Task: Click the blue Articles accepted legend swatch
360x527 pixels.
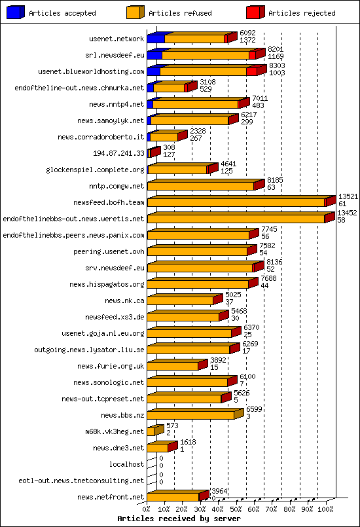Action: (x=15, y=12)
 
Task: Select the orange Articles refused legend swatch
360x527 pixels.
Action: (x=135, y=12)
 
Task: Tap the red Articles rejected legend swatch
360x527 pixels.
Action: (x=255, y=12)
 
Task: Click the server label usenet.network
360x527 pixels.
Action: (x=117, y=39)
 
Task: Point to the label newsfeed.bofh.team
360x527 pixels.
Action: (x=109, y=202)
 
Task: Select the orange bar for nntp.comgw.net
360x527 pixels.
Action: (x=200, y=186)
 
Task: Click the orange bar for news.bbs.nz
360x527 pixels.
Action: (x=190, y=415)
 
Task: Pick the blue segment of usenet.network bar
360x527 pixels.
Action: (x=156, y=39)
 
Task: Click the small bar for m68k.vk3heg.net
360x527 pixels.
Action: (x=151, y=431)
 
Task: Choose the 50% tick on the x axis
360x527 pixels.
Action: (x=236, y=509)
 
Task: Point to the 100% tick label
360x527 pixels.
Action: (x=325, y=509)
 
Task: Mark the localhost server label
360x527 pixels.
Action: (x=127, y=464)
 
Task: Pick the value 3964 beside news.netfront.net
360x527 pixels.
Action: (x=219, y=491)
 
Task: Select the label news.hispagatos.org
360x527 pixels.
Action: (x=107, y=284)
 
